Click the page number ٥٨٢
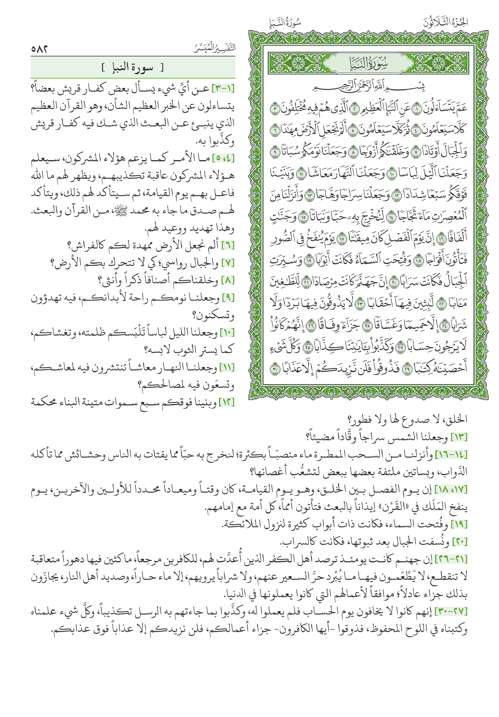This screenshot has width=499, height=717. click(x=39, y=49)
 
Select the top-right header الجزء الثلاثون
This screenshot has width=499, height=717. click(x=445, y=23)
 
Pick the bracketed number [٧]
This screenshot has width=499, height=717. click(x=228, y=263)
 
